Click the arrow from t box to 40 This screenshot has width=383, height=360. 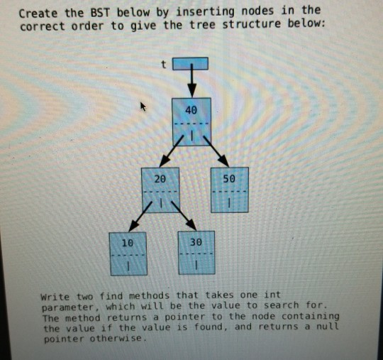pos(191,83)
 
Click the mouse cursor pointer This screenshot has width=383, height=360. pos(143,107)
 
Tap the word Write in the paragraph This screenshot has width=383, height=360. pos(55,296)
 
